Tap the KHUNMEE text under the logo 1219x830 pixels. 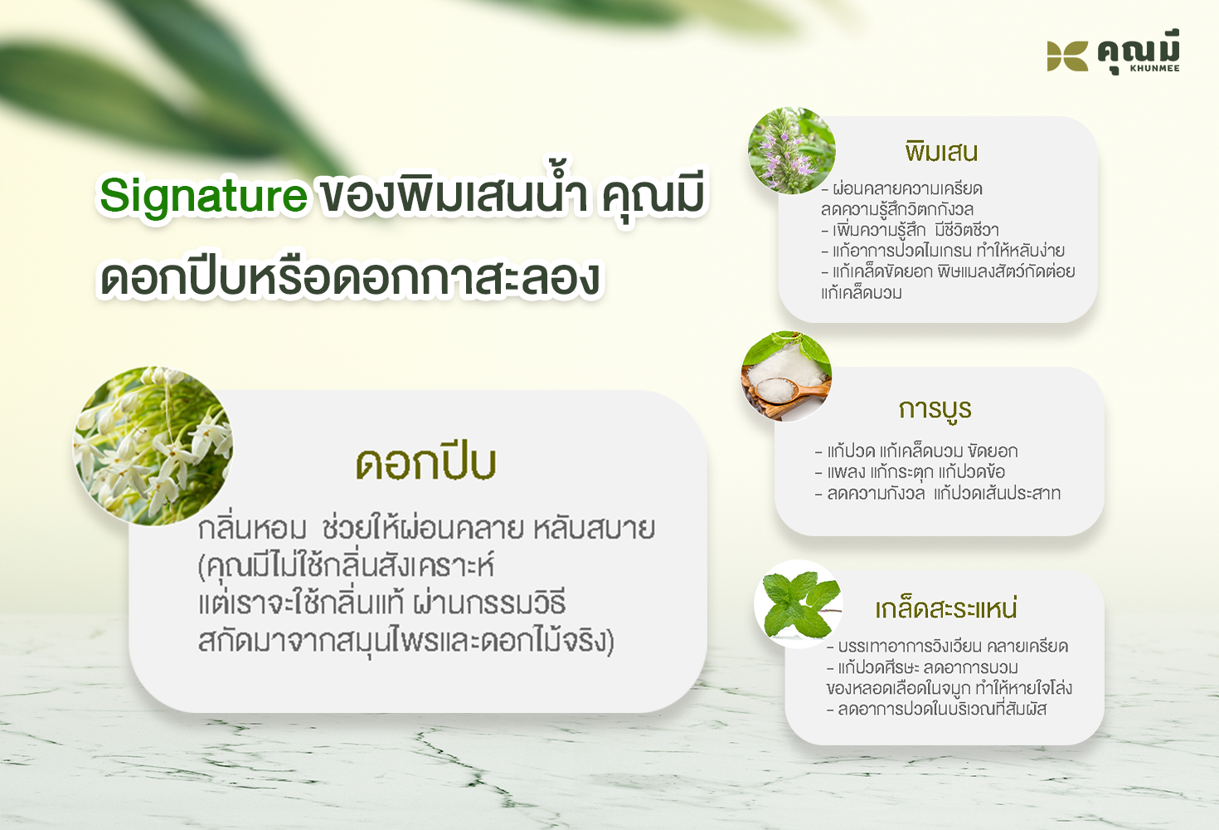[x=1155, y=69]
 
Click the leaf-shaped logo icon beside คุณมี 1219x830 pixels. [x=1067, y=56]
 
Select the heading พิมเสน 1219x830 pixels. [x=941, y=151]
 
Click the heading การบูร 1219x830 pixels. [x=935, y=409]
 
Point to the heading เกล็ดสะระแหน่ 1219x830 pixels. [x=946, y=608]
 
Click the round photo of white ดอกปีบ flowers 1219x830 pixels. [x=153, y=446]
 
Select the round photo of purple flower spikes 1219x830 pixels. [x=792, y=150]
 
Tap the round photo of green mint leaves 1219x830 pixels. [x=799, y=604]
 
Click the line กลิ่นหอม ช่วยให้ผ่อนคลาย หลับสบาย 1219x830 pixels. [x=426, y=529]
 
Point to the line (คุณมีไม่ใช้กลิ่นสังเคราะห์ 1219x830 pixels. [x=346, y=566]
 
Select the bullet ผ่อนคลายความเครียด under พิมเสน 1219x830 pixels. [x=901, y=189]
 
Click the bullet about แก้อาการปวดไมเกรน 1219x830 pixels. [x=943, y=251]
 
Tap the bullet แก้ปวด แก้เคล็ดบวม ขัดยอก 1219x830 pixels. [x=916, y=451]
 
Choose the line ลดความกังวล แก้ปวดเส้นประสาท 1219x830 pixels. [x=938, y=493]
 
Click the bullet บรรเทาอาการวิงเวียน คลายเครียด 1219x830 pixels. [x=948, y=647]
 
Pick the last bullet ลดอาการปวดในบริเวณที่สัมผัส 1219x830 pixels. [x=936, y=709]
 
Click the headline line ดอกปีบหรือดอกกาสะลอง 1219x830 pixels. [x=350, y=278]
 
